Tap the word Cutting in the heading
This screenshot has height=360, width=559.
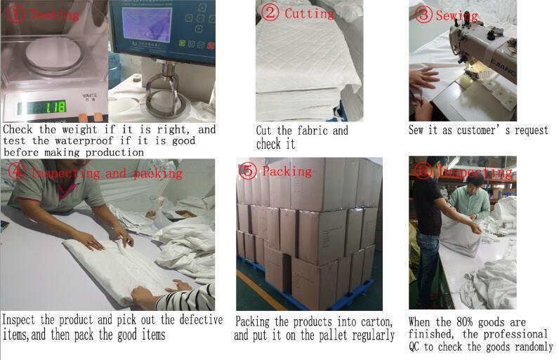pos(309,13)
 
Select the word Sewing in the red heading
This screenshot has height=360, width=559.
pos(457,15)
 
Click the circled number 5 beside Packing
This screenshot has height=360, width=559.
pos(248,171)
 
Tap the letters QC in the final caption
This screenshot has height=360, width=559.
pos(416,347)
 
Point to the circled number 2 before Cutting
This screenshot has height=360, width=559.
pos(270,13)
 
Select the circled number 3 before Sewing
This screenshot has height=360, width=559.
pos(423,15)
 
